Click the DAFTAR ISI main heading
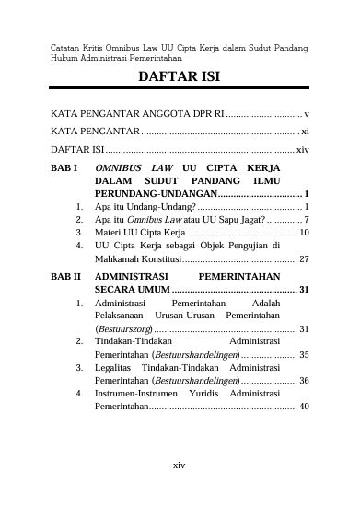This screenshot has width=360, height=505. tap(180, 76)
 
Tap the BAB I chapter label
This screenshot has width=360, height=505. tap(65, 169)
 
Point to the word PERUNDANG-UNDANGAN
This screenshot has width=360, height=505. tap(155, 195)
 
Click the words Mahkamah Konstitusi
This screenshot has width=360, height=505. tap(138, 259)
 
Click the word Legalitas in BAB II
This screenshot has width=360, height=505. tap(115, 366)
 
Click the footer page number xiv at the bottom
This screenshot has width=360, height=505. tap(180, 464)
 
